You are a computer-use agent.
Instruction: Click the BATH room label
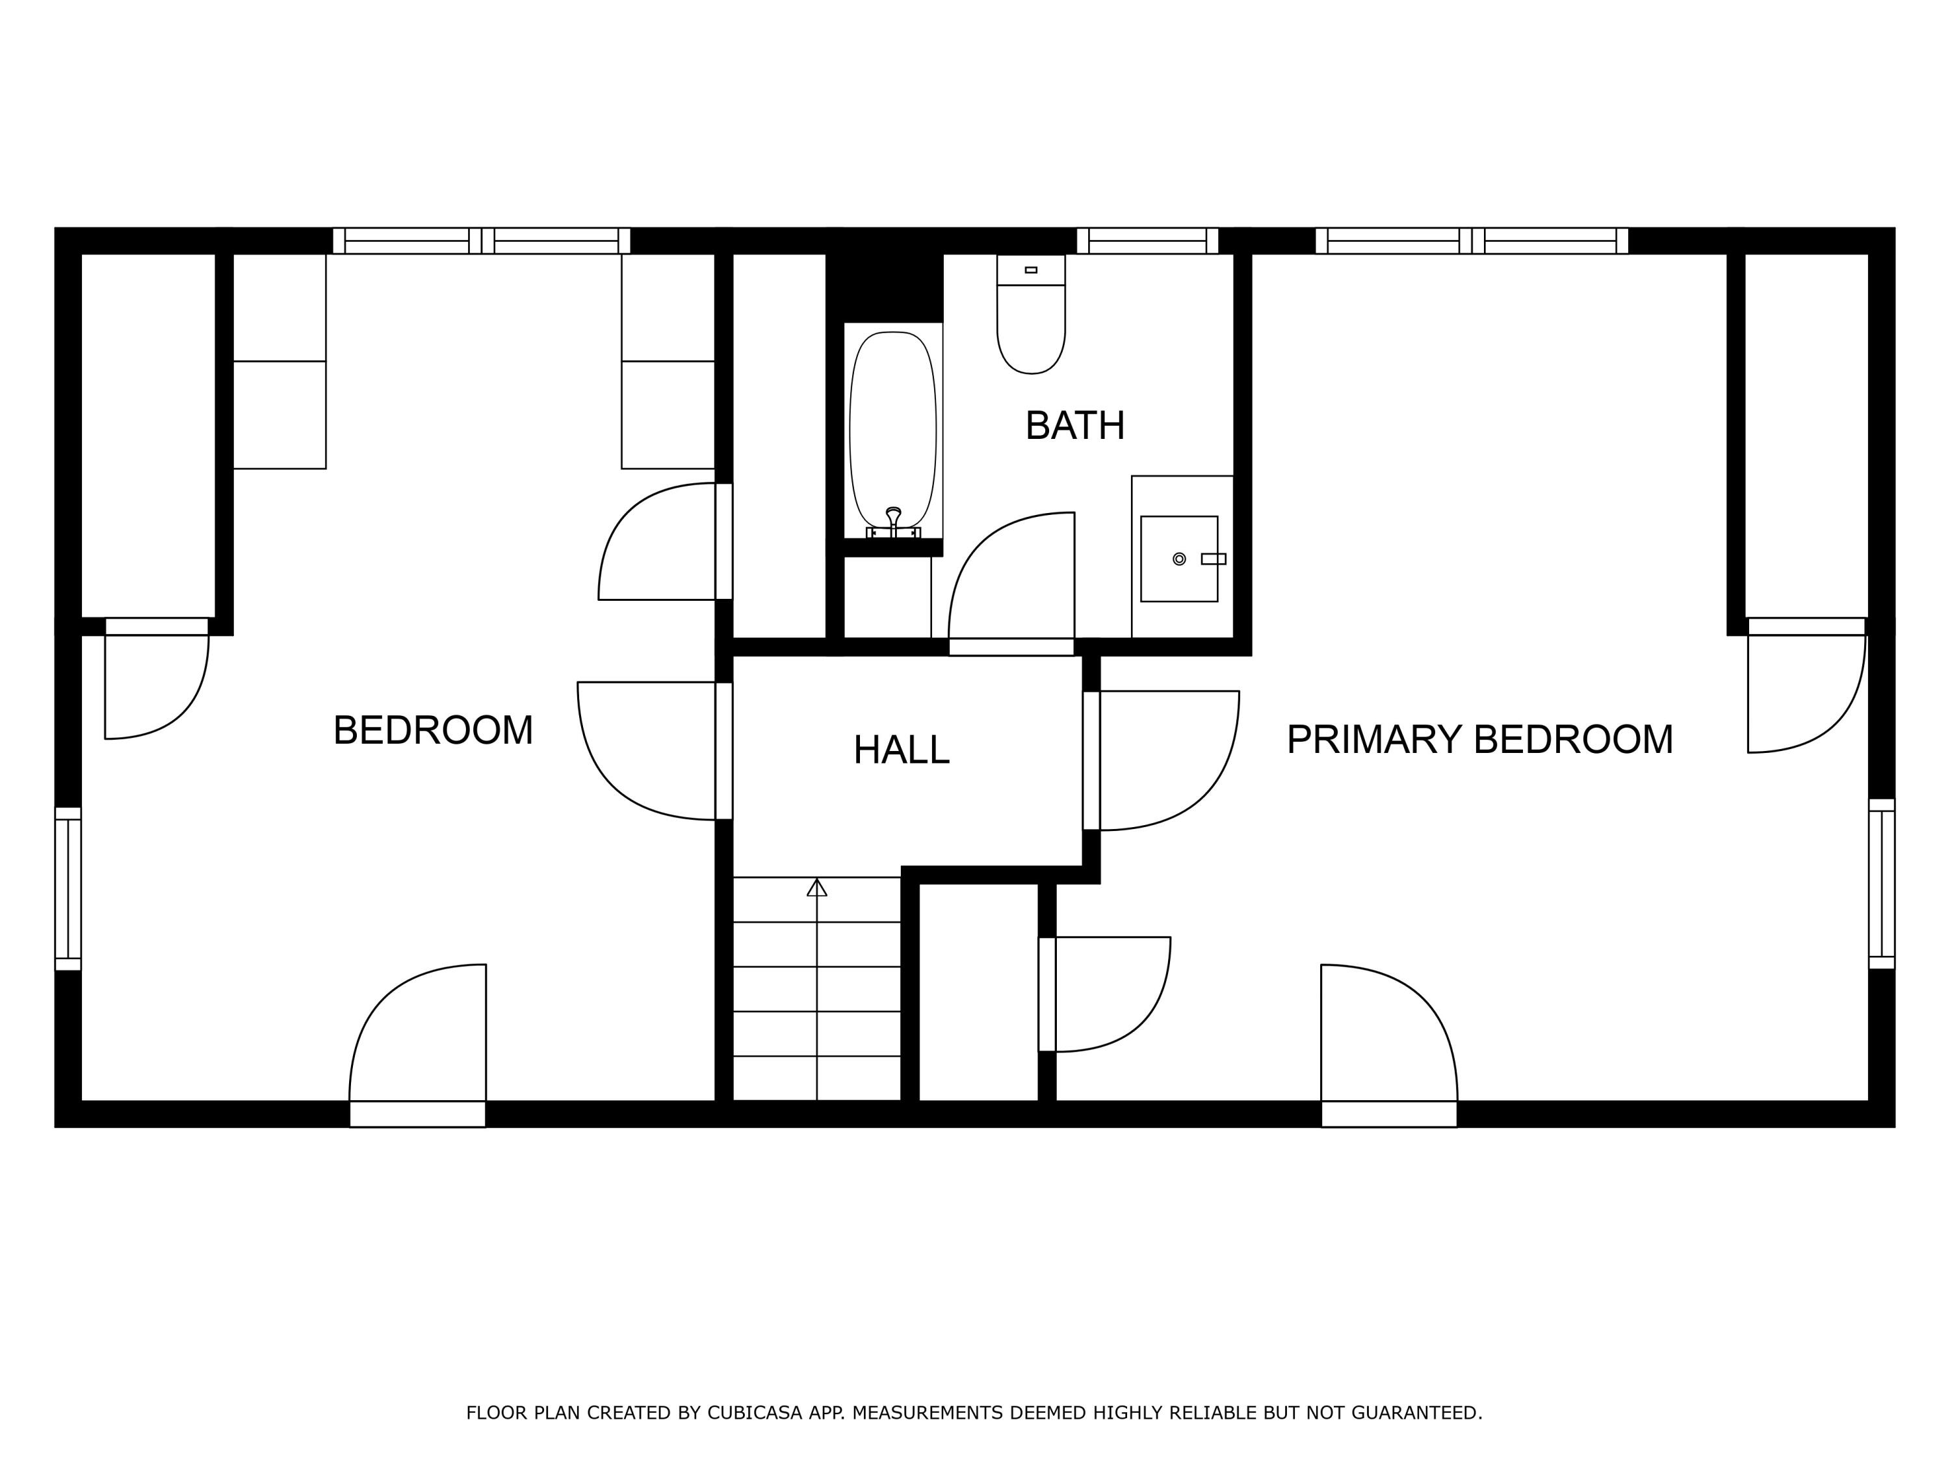click(x=1074, y=426)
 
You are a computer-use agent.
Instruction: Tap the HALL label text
click(x=901, y=750)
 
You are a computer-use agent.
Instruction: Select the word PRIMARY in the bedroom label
click(x=1373, y=739)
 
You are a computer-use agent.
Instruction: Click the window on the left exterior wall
click(x=68, y=888)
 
